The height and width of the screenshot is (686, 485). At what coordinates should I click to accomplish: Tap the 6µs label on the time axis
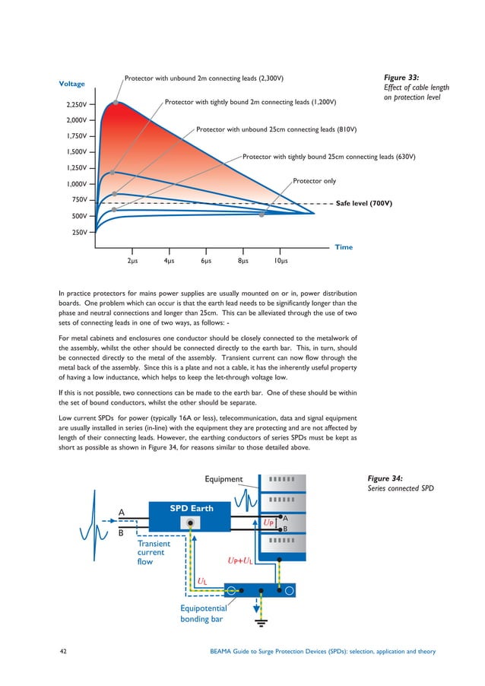[x=206, y=261]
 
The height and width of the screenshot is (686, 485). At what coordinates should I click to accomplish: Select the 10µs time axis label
[x=281, y=261]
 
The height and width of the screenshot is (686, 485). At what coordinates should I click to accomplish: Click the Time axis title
[x=344, y=246]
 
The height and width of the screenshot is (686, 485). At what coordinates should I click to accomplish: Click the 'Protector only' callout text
[x=314, y=181]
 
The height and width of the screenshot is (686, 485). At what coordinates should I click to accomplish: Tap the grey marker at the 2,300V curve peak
[x=116, y=102]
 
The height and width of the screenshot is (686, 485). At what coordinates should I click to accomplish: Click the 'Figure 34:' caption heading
[x=385, y=478]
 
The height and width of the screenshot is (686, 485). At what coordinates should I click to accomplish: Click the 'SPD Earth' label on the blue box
[x=191, y=508]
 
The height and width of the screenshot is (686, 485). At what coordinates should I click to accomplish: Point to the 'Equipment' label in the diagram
[x=224, y=479]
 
